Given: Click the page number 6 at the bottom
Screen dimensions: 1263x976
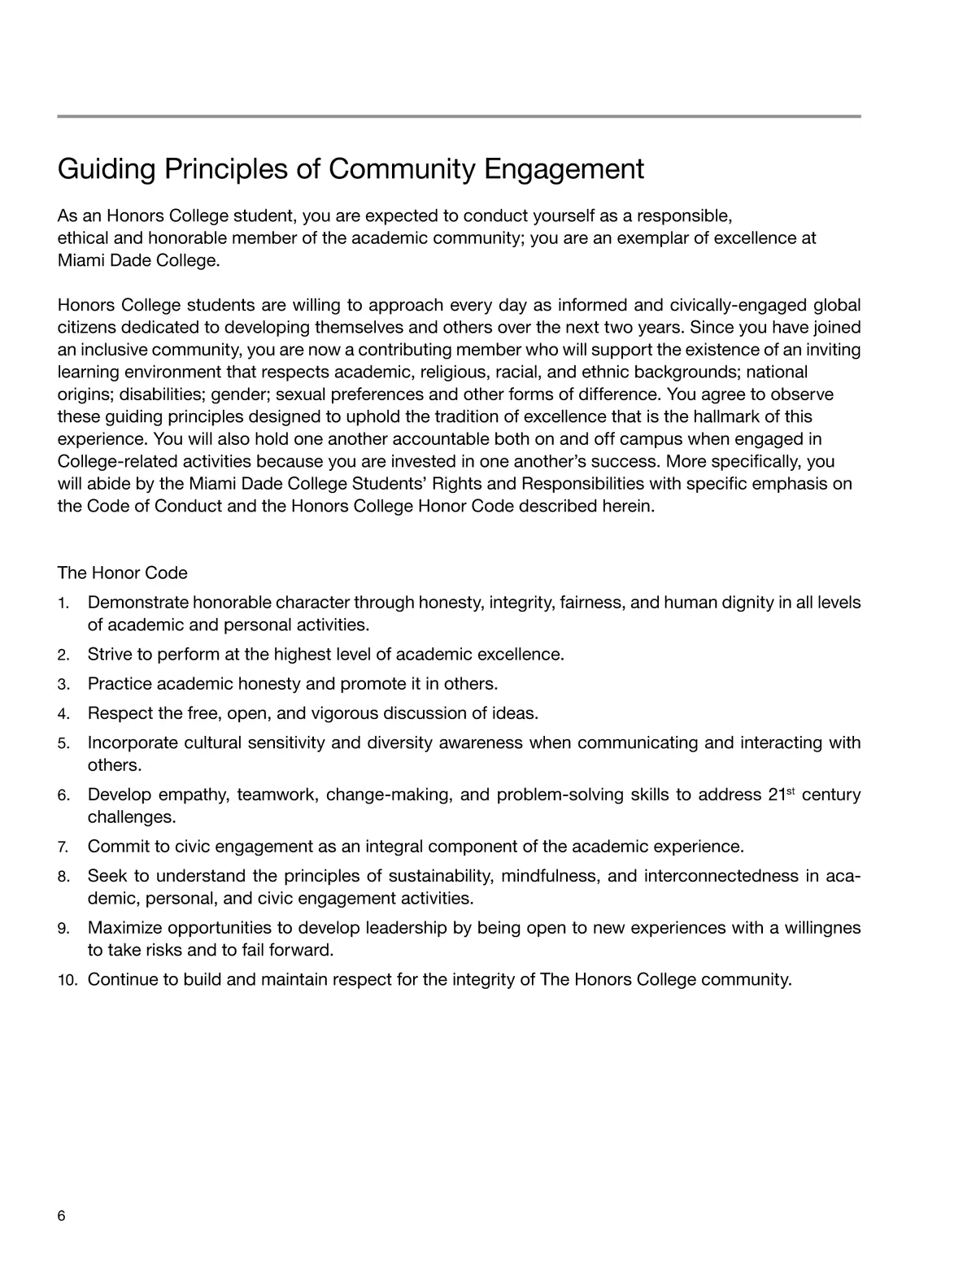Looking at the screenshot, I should click(61, 1216).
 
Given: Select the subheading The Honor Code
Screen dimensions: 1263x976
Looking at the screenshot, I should click(122, 573).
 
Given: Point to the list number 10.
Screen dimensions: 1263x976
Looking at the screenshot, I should click(68, 980).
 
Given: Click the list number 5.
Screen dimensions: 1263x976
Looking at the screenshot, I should click(63, 743).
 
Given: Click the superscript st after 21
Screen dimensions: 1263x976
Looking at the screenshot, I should click(790, 790).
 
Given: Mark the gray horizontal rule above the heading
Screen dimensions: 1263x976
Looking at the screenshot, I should click(459, 116).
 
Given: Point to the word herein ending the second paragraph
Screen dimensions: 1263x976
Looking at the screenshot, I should click(629, 506).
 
